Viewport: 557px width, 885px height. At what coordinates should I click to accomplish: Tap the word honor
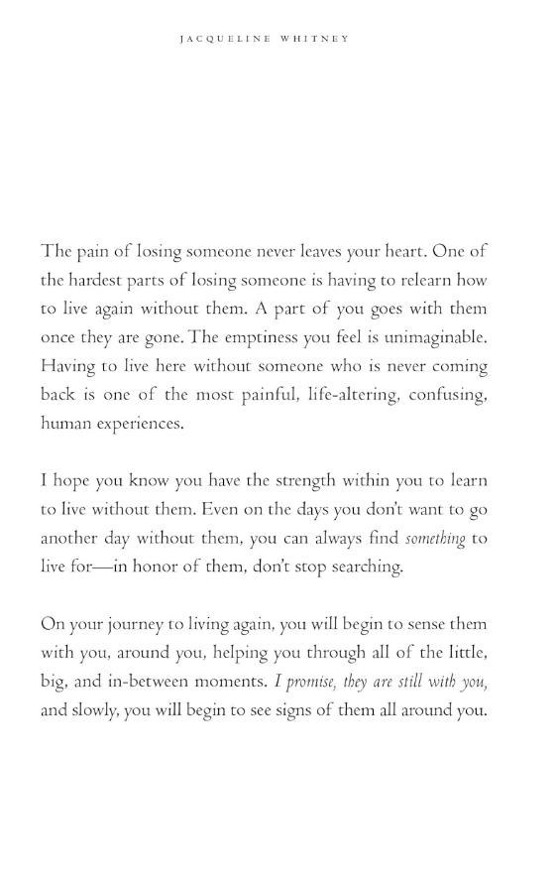point(166,566)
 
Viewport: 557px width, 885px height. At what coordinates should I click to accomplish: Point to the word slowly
point(98,709)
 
